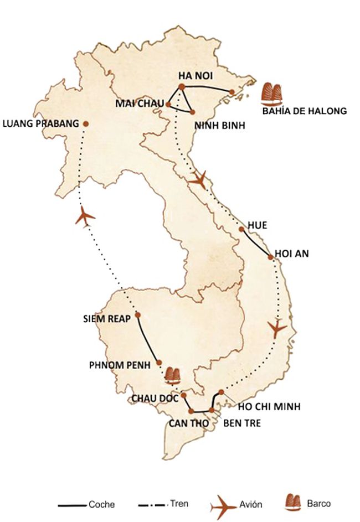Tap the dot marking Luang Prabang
click(85, 123)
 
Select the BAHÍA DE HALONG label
click(305, 111)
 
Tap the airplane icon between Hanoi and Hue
click(197, 178)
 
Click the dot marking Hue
click(241, 229)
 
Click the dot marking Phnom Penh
click(160, 363)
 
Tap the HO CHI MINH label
click(269, 407)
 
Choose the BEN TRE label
click(239, 423)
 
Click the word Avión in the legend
click(251, 505)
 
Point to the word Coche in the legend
click(102, 505)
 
